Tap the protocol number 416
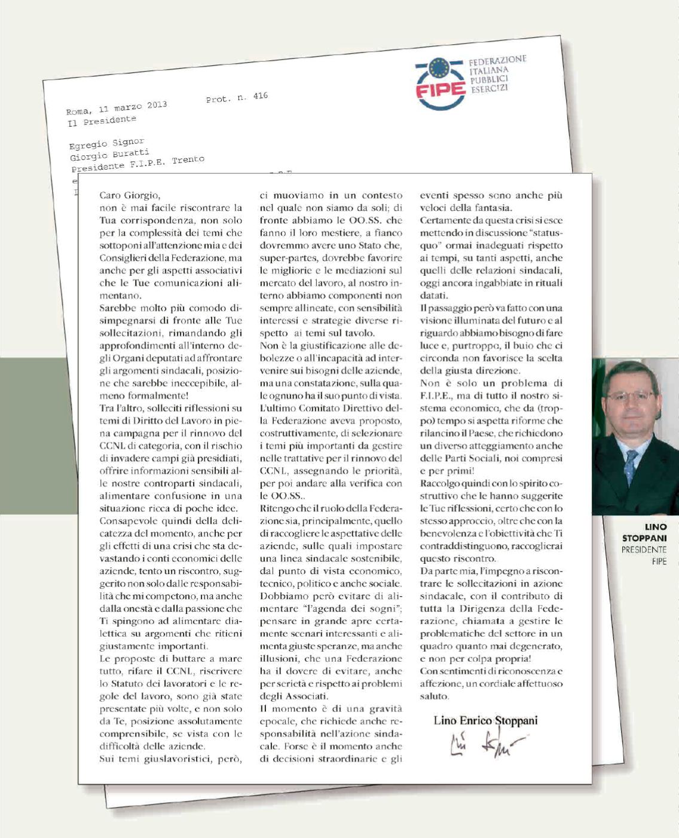coord(260,96)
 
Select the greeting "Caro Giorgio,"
coord(130,195)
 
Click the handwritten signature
coord(481,744)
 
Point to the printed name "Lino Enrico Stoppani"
coord(485,720)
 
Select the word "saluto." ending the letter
coord(434,696)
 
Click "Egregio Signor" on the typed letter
coord(106,143)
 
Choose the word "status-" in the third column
coord(546,233)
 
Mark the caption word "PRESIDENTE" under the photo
coord(644,550)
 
